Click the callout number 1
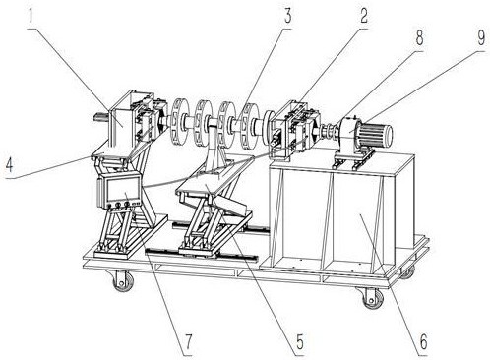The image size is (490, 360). (x=31, y=16)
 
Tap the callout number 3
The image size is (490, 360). (x=287, y=16)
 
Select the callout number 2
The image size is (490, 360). (x=363, y=16)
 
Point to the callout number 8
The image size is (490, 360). (x=419, y=37)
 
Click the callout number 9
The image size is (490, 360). (x=480, y=37)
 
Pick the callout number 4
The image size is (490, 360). (x=9, y=165)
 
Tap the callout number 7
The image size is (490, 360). (x=187, y=342)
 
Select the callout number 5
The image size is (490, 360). (x=299, y=342)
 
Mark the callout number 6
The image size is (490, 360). (x=423, y=341)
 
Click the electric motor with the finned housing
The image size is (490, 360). (x=374, y=134)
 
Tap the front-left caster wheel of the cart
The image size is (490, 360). (x=124, y=280)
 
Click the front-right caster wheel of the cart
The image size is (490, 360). (x=373, y=297)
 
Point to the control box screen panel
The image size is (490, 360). (x=121, y=189)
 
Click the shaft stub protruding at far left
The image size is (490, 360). (x=100, y=117)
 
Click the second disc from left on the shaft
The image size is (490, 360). (x=203, y=123)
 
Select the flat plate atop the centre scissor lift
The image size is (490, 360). (x=214, y=176)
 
